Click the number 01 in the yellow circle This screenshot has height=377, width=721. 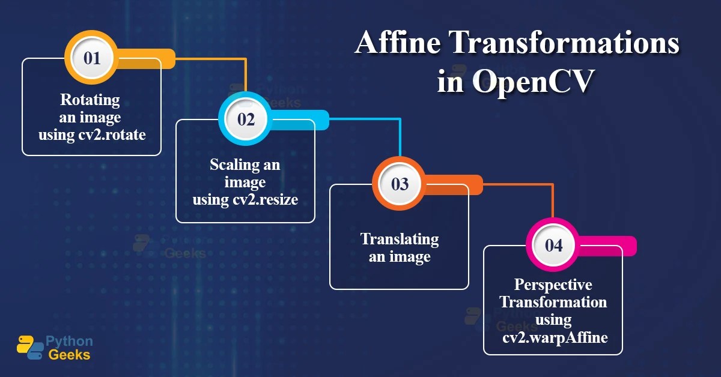[92, 58]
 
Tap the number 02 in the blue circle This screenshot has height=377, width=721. [246, 119]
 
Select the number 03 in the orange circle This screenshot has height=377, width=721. [400, 184]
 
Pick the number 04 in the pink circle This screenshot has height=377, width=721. [553, 246]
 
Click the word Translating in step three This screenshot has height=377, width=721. [400, 239]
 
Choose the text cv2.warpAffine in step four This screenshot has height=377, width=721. [555, 338]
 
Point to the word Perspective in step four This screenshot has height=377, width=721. [553, 285]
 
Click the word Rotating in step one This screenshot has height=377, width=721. [90, 99]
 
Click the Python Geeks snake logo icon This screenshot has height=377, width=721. [29, 347]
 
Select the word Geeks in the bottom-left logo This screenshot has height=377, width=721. [68, 354]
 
